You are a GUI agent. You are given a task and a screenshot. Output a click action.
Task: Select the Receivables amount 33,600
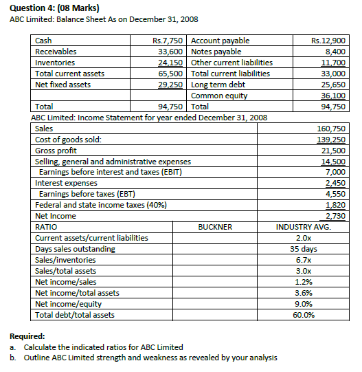171,52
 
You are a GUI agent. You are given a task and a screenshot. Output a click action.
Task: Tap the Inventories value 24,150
171,63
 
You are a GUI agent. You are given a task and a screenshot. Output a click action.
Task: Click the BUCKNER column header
215,227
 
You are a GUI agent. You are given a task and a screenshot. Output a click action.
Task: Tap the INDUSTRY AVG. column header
303,227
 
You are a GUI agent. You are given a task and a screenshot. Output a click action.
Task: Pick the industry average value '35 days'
303,249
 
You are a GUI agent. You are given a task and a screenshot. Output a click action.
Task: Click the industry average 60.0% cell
303,315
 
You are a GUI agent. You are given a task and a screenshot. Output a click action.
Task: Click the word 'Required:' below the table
28,337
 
